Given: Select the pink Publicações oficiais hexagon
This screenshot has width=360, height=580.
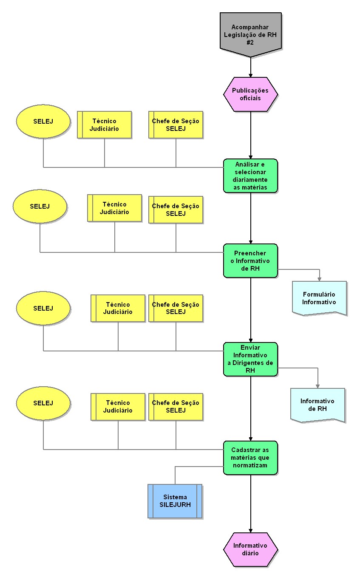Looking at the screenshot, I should (x=251, y=94).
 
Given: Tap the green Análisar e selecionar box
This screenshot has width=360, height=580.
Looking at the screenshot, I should (x=251, y=176).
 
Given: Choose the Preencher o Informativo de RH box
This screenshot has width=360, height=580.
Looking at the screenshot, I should (x=251, y=260).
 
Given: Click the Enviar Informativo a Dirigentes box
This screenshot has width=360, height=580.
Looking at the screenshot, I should (x=251, y=359).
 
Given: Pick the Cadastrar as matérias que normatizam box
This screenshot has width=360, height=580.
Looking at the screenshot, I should (x=251, y=457).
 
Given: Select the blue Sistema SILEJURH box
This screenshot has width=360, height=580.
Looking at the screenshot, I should (x=175, y=501).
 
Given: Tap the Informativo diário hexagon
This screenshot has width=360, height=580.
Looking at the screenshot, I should (x=250, y=549).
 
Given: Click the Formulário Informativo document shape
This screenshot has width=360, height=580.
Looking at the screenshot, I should (x=319, y=298).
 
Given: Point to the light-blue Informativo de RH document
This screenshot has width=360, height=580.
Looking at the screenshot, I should (x=317, y=405).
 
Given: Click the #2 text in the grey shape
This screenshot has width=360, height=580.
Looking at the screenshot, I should (x=251, y=42).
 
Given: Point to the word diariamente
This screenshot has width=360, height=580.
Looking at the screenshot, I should (x=251, y=180).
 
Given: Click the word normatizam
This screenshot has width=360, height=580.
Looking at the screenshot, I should (x=250, y=465).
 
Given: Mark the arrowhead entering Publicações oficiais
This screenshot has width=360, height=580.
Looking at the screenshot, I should (x=251, y=74).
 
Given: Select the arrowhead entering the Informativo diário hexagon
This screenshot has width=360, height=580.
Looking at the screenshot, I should (x=251, y=530).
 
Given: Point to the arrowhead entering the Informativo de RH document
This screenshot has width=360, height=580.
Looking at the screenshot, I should (x=317, y=385).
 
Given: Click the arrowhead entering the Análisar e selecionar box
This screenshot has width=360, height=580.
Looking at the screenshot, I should (x=251, y=156).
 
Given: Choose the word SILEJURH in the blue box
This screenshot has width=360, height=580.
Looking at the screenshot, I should (x=175, y=505).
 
